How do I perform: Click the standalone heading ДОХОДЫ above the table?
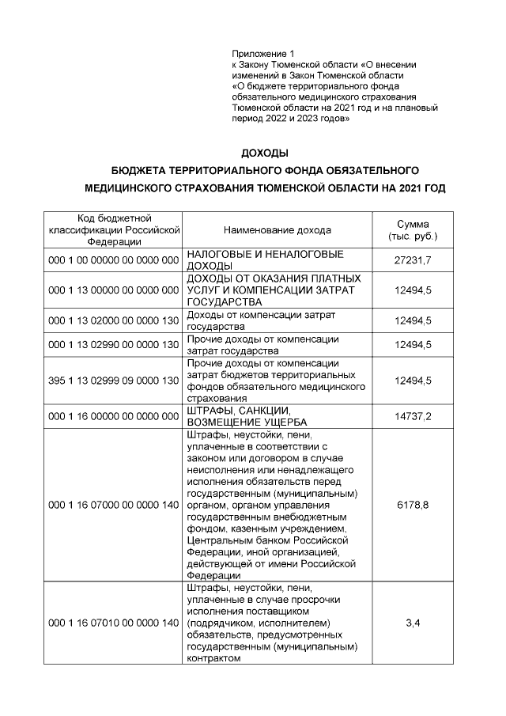point(264,152)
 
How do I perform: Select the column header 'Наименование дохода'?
point(278,230)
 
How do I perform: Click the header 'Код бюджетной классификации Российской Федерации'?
point(114,230)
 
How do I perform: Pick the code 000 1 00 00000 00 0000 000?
point(114,260)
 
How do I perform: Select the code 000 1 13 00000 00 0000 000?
point(114,290)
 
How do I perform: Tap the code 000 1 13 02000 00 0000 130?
point(114,320)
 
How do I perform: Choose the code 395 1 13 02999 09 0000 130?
point(114,381)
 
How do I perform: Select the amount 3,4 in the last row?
point(413,623)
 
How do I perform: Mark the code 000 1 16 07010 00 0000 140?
point(114,623)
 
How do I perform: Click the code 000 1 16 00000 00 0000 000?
point(114,415)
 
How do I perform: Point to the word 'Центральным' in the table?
point(221,540)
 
